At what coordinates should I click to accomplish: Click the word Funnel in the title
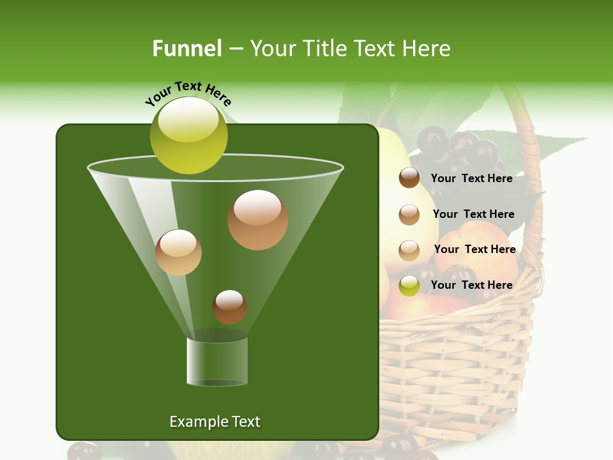(186, 49)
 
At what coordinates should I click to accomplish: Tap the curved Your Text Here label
(188, 92)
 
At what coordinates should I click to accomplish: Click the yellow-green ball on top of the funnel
(188, 135)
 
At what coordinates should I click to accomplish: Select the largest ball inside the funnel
(257, 220)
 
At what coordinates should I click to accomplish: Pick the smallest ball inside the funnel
(229, 307)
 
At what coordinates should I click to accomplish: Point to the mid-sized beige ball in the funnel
(178, 252)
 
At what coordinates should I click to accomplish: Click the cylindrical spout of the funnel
(217, 361)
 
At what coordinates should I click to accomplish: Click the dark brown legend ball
(409, 178)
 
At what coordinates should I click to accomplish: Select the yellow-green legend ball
(409, 286)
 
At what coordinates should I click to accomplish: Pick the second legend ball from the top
(409, 215)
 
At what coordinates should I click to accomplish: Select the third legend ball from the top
(409, 250)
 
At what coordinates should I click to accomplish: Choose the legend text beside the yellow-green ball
(471, 285)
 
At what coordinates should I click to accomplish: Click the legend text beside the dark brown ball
(471, 178)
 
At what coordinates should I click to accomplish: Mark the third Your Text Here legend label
(474, 249)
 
